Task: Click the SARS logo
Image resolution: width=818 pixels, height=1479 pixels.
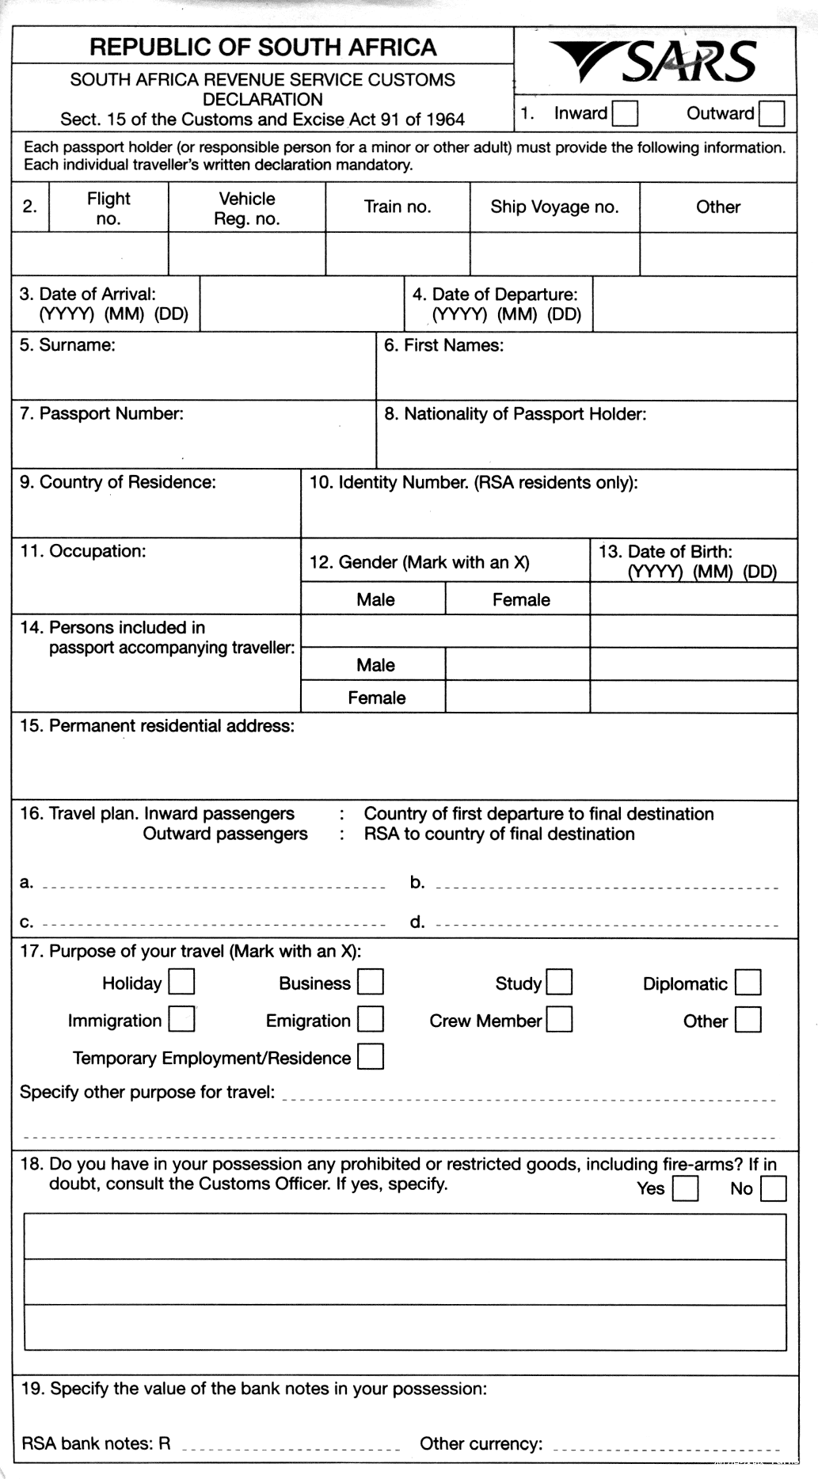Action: (x=654, y=62)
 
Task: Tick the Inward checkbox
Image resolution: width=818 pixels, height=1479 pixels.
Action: (x=626, y=113)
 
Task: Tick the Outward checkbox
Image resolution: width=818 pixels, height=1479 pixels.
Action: (x=771, y=113)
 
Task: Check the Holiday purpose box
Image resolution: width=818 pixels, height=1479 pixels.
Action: (x=181, y=983)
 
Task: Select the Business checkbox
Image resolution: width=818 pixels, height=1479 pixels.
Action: (x=371, y=983)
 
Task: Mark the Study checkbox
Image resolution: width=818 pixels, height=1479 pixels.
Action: (x=559, y=983)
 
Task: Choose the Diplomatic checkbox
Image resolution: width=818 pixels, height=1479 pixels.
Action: (x=748, y=983)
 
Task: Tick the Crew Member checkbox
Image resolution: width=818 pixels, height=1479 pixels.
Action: (x=559, y=1020)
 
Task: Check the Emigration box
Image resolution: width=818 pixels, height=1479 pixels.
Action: (x=371, y=1020)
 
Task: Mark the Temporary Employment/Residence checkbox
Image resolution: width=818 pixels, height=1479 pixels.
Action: (x=371, y=1057)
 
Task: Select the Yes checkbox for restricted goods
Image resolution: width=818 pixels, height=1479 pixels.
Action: (x=685, y=1188)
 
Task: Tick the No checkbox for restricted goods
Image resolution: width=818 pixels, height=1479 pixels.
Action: (x=773, y=1188)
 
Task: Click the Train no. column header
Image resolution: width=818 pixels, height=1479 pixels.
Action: (x=398, y=207)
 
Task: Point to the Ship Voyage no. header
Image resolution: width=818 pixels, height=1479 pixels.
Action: (x=554, y=207)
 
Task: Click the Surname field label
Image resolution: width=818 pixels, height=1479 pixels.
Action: (x=68, y=345)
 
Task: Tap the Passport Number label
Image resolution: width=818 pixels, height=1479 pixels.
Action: (x=102, y=413)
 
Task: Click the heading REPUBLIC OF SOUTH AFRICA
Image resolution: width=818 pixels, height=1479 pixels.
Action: (x=263, y=48)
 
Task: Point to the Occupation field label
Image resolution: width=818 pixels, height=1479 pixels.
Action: (x=83, y=551)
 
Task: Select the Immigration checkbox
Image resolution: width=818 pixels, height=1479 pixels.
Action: (x=181, y=1020)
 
